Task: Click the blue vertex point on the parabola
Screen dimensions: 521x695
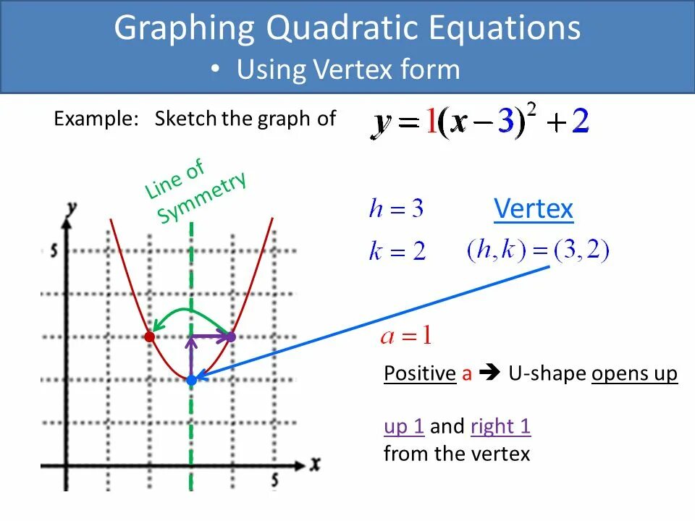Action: tap(191, 380)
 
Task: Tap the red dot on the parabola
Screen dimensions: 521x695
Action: tap(149, 336)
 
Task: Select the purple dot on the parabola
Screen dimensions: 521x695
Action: tap(232, 336)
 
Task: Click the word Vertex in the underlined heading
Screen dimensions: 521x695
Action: tap(534, 210)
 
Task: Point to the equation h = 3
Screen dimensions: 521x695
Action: tap(396, 210)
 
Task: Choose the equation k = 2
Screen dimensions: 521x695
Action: tap(397, 252)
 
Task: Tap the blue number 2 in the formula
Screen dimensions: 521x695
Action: tap(580, 122)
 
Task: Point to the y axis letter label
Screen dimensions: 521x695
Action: tap(71, 208)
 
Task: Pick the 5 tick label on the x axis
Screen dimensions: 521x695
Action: tap(275, 480)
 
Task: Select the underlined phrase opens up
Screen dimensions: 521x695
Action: tap(634, 374)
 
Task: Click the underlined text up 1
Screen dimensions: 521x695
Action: tap(404, 426)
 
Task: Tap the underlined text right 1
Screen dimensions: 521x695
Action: tap(500, 426)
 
